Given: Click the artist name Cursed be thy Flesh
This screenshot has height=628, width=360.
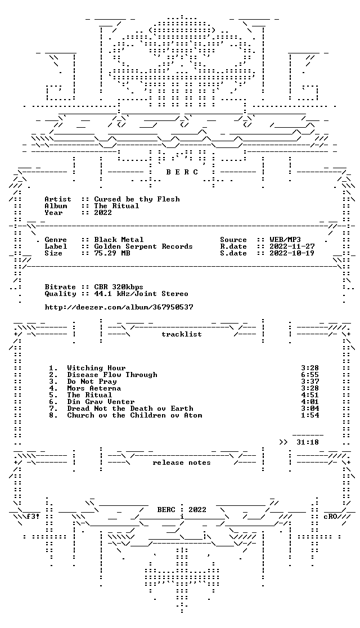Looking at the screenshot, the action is tap(137, 199).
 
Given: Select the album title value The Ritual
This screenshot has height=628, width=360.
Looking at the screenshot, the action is tap(116, 207).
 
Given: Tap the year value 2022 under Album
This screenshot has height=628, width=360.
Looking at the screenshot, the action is tap(103, 213).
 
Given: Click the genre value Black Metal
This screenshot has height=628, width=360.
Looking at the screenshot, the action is tap(119, 240).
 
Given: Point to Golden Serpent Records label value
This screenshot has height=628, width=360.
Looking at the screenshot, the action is tap(143, 246).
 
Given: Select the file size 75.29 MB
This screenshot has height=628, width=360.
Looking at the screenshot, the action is tap(112, 254).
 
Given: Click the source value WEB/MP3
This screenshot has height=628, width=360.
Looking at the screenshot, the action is tap(286, 240).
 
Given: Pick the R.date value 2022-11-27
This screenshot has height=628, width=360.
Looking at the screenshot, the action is tap(292, 246).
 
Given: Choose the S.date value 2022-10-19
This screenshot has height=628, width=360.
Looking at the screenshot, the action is tap(292, 254).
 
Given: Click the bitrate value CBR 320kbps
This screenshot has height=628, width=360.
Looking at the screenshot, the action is tap(119, 287).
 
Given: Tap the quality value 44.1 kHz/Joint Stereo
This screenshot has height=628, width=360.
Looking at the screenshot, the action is tap(141, 294).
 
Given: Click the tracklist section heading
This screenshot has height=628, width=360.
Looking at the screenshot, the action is tap(182, 334).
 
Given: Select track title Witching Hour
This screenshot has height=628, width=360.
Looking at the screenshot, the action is tap(97, 368).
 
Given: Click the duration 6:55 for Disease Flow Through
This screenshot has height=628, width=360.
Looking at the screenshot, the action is tap(310, 375).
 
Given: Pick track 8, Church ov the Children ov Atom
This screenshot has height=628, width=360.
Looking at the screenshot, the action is tap(134, 415).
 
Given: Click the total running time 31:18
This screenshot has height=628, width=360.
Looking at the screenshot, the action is tap(308, 442).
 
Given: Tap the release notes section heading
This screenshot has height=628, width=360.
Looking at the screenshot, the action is tap(182, 463).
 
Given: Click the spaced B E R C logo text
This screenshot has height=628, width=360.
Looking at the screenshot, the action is tap(182, 172).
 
